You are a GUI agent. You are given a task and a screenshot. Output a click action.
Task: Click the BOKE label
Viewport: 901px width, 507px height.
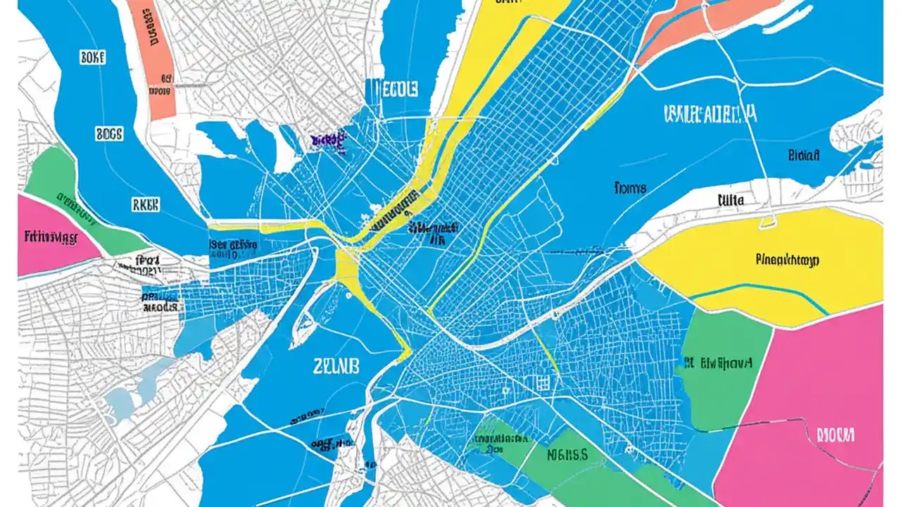click(92, 57)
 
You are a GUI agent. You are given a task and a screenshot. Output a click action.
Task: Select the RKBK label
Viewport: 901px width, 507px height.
click(145, 204)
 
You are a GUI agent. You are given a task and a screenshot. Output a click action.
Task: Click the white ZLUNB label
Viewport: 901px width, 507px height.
click(336, 365)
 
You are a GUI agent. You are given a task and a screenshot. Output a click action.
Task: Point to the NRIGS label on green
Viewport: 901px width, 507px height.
click(567, 454)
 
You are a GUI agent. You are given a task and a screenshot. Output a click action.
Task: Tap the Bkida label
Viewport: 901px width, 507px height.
click(803, 156)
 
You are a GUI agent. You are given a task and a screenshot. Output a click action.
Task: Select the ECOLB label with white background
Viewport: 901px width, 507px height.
click(391, 90)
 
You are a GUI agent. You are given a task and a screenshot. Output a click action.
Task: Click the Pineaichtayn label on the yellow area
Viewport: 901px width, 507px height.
click(787, 260)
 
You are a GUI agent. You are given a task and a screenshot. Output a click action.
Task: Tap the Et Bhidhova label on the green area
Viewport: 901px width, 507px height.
click(717, 363)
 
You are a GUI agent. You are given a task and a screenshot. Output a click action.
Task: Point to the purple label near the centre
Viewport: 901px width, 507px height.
click(326, 139)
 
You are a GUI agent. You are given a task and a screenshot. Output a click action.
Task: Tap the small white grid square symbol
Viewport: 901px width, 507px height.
click(541, 382)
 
